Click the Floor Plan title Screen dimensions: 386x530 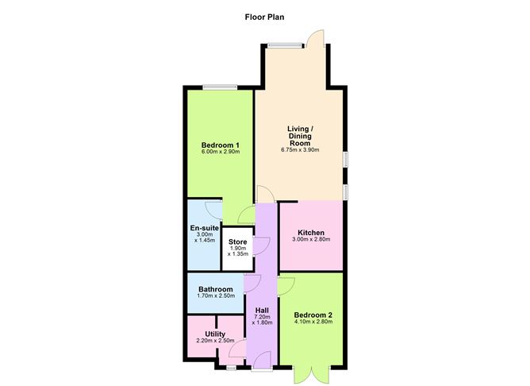point(265,16)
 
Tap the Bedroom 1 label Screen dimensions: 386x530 point(221,145)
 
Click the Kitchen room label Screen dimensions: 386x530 point(311,233)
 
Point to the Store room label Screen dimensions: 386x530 point(238,241)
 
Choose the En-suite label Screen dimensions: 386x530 point(204,229)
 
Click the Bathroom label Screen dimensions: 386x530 point(216,289)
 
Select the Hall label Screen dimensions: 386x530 point(262,309)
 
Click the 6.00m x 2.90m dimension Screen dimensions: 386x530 point(221,152)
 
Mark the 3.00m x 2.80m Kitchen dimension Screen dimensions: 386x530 point(311,240)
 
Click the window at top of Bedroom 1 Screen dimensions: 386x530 point(220,87)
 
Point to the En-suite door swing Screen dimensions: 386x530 point(213,208)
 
